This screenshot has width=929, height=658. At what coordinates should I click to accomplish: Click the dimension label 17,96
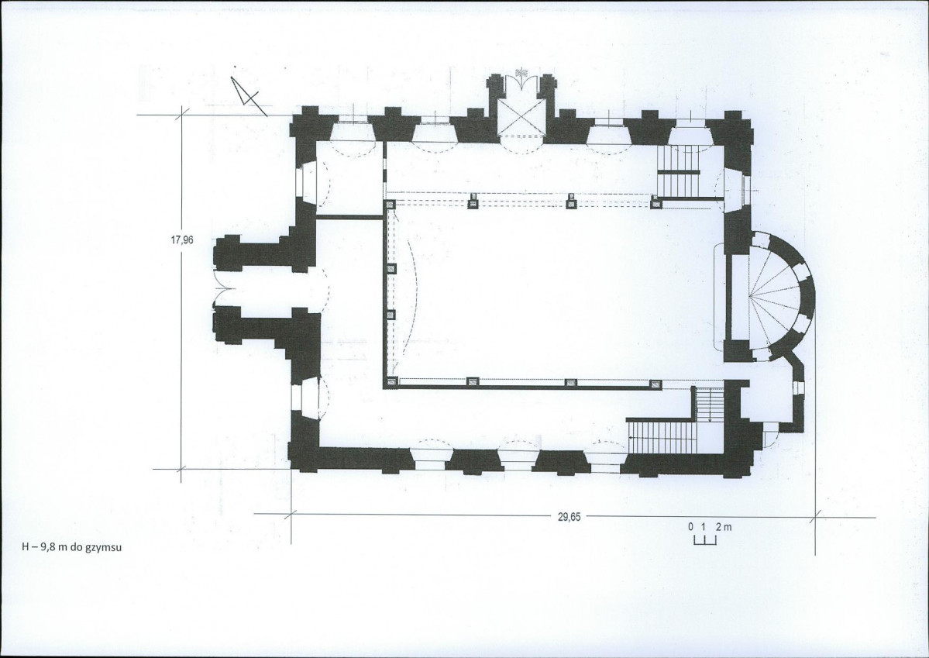point(182,240)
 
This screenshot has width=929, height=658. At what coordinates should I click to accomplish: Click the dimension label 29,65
point(569,516)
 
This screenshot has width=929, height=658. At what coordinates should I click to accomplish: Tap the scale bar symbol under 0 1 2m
point(705,540)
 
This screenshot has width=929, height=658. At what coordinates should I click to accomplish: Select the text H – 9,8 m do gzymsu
point(72,547)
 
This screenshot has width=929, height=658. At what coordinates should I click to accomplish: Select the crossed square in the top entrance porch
point(520,115)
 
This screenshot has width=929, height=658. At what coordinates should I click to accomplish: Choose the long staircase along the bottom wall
point(660,436)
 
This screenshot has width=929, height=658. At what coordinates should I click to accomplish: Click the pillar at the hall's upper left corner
point(391,205)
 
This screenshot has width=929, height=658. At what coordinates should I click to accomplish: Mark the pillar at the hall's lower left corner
point(391,382)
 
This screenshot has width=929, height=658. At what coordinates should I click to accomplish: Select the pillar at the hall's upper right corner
point(655,205)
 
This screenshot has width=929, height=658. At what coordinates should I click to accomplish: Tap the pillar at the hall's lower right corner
point(655,384)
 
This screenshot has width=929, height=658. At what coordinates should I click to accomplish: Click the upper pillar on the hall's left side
point(391,269)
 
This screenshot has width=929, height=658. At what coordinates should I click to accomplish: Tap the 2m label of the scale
point(724,526)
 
